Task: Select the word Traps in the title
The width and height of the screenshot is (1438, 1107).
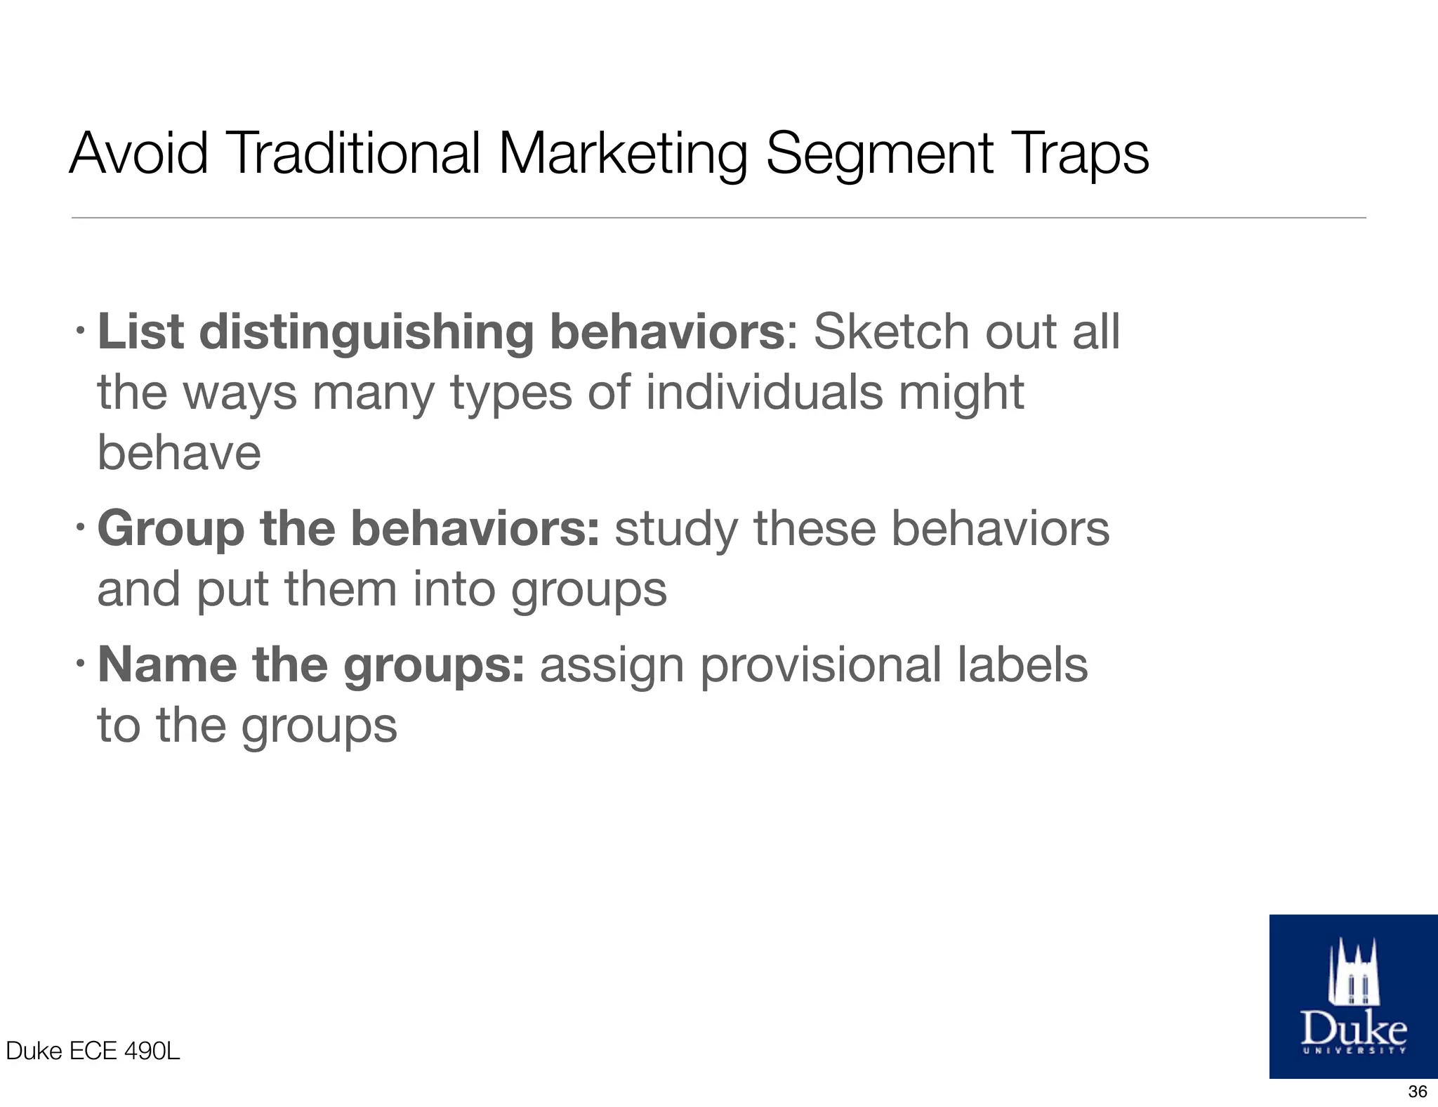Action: (1081, 155)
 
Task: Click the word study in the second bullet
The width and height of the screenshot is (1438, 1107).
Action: (676, 530)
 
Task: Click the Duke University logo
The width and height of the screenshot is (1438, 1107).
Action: (1353, 995)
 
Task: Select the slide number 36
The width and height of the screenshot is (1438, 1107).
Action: (1418, 1091)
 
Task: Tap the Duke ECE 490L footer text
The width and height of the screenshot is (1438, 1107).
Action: (93, 1051)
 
